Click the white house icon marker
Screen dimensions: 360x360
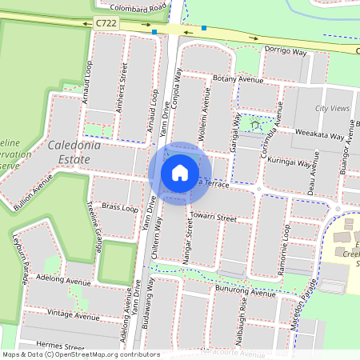180,172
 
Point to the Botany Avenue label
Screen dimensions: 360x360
238,80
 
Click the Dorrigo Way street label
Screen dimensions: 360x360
286,51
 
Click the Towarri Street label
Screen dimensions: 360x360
214,218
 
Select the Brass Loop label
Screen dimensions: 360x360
120,207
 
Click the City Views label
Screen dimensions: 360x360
333,108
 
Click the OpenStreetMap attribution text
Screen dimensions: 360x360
80,354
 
